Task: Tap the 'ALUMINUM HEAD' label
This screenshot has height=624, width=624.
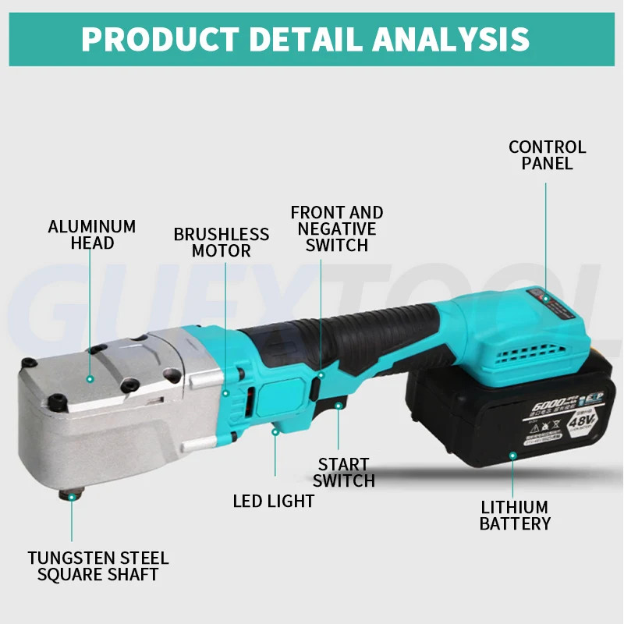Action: (x=92, y=235)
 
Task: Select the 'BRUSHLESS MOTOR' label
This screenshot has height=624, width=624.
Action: (x=221, y=243)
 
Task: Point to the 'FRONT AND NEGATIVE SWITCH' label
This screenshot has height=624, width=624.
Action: (x=337, y=229)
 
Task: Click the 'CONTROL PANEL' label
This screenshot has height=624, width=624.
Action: (x=547, y=155)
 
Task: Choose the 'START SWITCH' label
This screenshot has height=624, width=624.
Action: (x=344, y=473)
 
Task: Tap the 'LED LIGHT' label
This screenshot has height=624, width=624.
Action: (x=273, y=501)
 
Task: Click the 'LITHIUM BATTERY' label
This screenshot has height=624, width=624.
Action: (x=515, y=516)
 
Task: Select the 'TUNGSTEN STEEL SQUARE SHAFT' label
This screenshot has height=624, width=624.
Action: (x=98, y=566)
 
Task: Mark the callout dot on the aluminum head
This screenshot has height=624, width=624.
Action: (x=90, y=378)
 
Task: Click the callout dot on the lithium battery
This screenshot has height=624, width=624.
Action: (x=513, y=454)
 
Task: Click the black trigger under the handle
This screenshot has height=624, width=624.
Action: (x=337, y=404)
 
